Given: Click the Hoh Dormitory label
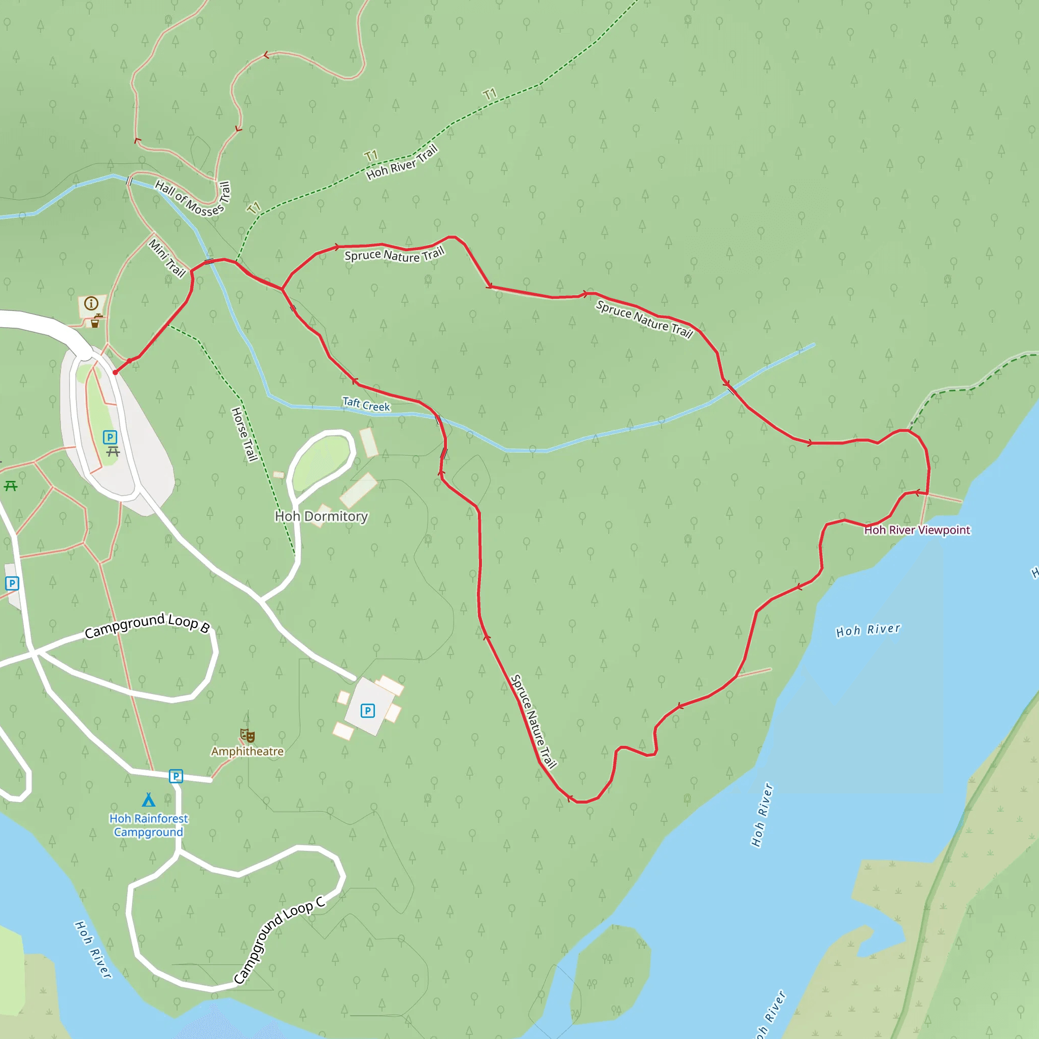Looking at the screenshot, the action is pyautogui.click(x=321, y=516).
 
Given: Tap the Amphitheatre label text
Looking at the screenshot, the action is pyautogui.click(x=247, y=751).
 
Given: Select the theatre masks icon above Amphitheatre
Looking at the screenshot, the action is pyautogui.click(x=247, y=735).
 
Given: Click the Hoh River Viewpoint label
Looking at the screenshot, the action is pyautogui.click(x=917, y=530).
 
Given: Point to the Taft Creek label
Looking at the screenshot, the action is pyautogui.click(x=366, y=404).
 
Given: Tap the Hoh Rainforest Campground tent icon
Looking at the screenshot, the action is pyautogui.click(x=149, y=800).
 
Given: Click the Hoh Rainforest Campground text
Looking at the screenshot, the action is pyautogui.click(x=149, y=825).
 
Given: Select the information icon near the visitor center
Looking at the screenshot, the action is pyautogui.click(x=91, y=303).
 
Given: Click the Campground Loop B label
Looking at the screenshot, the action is pyautogui.click(x=147, y=625).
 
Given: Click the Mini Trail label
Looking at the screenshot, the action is pyautogui.click(x=167, y=258).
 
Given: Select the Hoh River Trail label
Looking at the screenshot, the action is pyautogui.click(x=402, y=162).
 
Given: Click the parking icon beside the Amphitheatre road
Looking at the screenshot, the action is pyautogui.click(x=176, y=776).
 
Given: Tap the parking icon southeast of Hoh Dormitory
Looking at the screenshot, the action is pyautogui.click(x=367, y=711).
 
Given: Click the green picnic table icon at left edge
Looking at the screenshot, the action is pyautogui.click(x=11, y=486).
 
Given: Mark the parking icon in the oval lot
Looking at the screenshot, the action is pyautogui.click(x=110, y=437).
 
